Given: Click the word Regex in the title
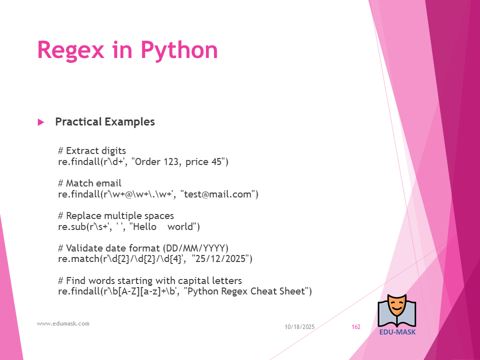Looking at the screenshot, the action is [70, 50].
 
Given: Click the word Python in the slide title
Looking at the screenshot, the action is [179, 50].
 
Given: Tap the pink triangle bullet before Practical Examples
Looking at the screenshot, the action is [40, 122].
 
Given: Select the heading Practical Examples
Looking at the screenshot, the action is [105, 122].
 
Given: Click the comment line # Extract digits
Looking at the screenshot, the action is [92, 150].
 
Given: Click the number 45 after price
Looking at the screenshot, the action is [216, 161].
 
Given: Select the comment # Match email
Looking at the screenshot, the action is [89, 183].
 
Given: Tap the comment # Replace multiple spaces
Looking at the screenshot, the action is [116, 216].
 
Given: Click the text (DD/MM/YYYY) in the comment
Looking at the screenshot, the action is [195, 248].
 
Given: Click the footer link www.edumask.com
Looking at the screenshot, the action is [63, 323].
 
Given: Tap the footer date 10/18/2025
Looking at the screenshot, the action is [299, 327].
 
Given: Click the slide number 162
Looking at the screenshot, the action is [356, 327].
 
